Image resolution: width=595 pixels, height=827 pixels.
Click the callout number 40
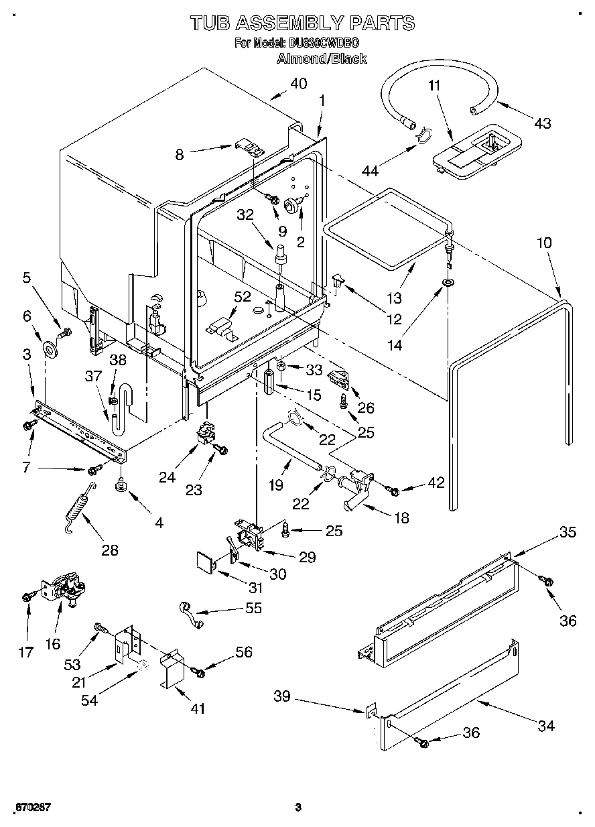coord(298,84)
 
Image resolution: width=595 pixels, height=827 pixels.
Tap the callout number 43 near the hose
coord(542,123)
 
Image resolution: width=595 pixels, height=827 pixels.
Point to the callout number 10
coord(544,243)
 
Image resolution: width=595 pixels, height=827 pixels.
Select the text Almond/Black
coord(322,58)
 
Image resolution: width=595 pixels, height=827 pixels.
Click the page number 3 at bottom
coord(299,806)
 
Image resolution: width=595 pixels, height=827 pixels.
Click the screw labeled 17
coord(27,595)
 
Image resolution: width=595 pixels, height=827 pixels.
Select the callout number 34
coord(546,726)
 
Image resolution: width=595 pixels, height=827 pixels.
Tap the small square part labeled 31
coord(206,562)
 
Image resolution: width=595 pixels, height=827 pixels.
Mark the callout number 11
coord(434,86)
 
